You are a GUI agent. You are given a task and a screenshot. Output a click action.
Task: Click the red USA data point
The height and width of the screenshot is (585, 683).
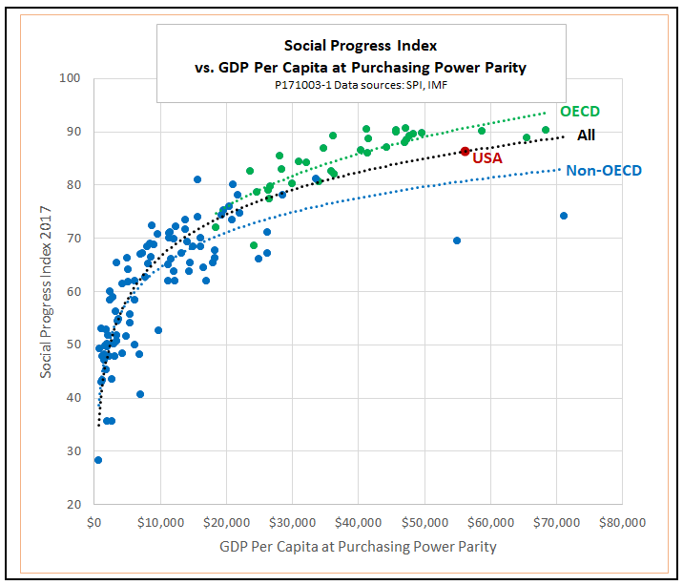pyautogui.click(x=465, y=151)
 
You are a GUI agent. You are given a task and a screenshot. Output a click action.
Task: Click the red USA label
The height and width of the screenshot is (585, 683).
pyautogui.click(x=487, y=158)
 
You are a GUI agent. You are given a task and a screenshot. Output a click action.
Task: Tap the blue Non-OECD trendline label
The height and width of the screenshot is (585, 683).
pyautogui.click(x=604, y=171)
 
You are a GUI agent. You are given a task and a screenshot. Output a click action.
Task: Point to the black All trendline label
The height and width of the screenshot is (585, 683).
pyautogui.click(x=586, y=136)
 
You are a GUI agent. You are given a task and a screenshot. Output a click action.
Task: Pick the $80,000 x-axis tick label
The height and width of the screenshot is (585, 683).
pyautogui.click(x=623, y=523)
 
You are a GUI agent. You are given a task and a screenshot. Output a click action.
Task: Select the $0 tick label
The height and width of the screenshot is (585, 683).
pyautogui.click(x=93, y=523)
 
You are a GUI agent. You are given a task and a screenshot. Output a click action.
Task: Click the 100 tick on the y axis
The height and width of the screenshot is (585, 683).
pyautogui.click(x=70, y=78)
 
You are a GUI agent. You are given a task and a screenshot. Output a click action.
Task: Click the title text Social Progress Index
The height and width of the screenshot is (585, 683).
pyautogui.click(x=361, y=45)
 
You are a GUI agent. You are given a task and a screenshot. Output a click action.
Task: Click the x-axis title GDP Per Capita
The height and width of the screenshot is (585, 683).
pyautogui.click(x=358, y=547)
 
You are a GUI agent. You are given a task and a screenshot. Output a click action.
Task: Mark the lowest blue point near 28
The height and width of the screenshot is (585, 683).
pyautogui.click(x=97, y=460)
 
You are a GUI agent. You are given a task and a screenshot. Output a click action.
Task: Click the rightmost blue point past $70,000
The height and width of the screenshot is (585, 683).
pyautogui.click(x=564, y=216)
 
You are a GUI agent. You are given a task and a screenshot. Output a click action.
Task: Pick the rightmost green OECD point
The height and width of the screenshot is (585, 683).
pyautogui.click(x=546, y=130)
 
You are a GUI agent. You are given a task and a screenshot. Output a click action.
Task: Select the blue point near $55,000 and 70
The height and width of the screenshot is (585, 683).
pyautogui.click(x=457, y=240)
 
